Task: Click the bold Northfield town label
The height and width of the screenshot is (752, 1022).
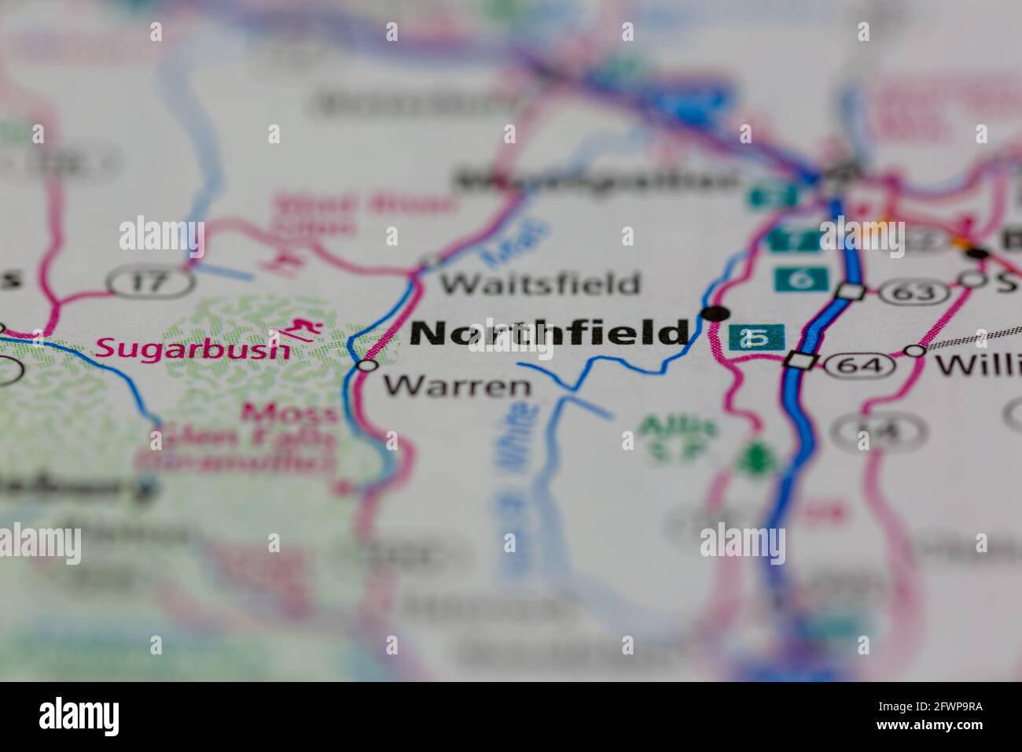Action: [x=549, y=333]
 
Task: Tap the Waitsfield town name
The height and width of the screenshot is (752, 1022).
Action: [x=539, y=283]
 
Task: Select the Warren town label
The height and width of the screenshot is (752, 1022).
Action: [x=457, y=385]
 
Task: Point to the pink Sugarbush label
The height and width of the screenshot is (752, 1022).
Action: [x=193, y=348]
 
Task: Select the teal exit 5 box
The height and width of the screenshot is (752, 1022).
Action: [x=756, y=337]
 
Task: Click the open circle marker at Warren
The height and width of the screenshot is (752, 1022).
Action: [x=367, y=365]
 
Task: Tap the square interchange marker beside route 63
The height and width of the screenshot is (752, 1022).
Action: [x=850, y=291]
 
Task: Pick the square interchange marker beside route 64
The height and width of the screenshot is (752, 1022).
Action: [x=800, y=361]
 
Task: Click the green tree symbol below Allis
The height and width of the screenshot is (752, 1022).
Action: [x=755, y=459]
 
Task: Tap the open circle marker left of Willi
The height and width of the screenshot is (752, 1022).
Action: [x=915, y=350]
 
